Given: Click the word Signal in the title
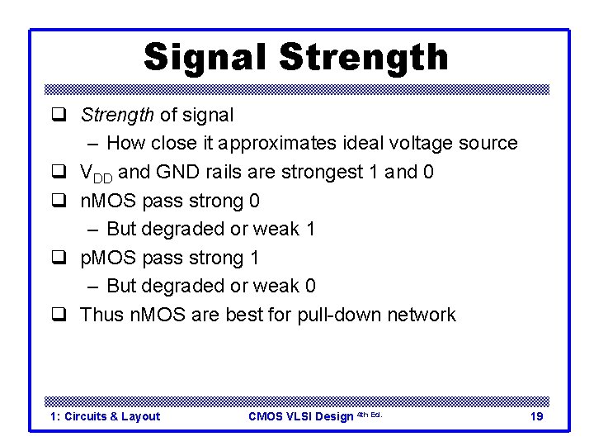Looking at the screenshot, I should click(x=206, y=57).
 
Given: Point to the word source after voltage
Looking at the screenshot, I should click(x=488, y=143).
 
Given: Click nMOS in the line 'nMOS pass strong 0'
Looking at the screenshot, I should click(x=106, y=201).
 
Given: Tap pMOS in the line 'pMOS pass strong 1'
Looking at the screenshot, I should click(x=106, y=258).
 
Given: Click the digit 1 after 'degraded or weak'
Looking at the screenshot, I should click(x=310, y=229).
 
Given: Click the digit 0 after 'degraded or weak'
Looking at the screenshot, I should click(x=310, y=286).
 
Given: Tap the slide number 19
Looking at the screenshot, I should click(x=536, y=416).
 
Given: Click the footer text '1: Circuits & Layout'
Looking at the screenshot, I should click(x=105, y=416).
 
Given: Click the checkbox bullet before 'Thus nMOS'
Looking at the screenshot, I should click(x=59, y=315).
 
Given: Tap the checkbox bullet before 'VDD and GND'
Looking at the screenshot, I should click(x=59, y=172).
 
